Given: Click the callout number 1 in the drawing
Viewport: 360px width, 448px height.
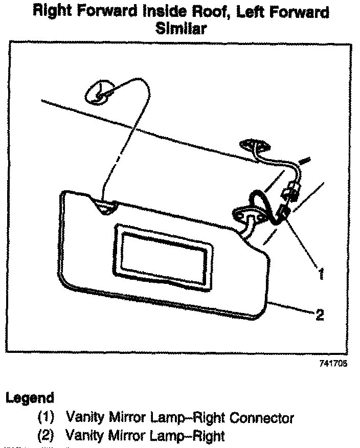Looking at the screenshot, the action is point(320,274).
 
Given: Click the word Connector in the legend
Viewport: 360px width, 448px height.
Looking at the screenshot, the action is point(261,418).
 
